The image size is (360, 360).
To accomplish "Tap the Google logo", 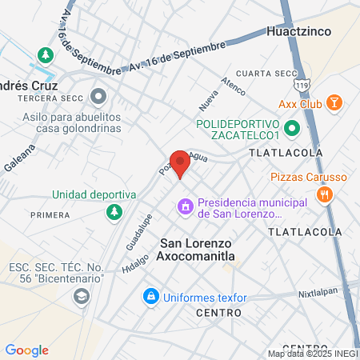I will [x=26, y=350].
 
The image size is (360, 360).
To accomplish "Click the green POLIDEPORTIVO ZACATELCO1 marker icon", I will [x=292, y=126].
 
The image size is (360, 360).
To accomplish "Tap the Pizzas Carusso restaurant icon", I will [x=325, y=194].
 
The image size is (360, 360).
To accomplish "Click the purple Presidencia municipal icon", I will [x=186, y=208].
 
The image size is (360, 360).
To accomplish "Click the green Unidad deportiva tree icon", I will [x=114, y=212].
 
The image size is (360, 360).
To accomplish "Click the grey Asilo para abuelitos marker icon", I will [x=98, y=98].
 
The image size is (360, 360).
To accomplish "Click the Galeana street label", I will [x=26, y=158].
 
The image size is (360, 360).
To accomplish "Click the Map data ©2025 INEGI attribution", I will [x=313, y=354].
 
